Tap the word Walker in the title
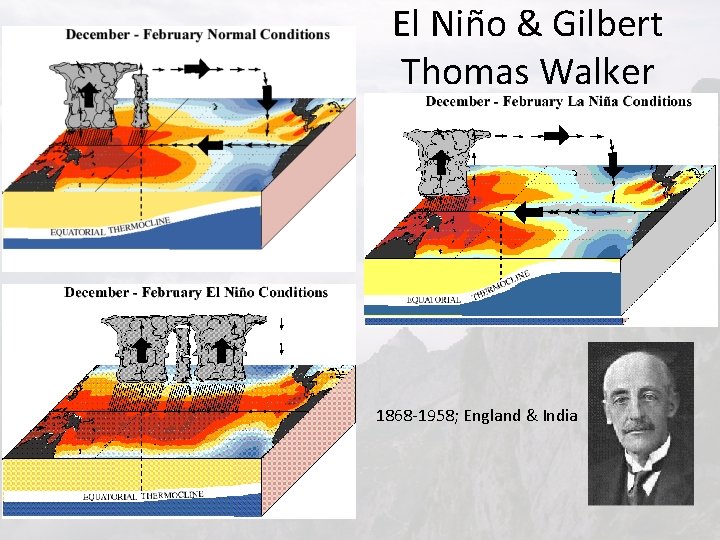point(603,71)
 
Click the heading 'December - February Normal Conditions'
point(198,34)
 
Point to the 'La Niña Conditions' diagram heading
point(558,101)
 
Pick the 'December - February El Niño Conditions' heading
point(196,293)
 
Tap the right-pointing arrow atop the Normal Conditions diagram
point(199,68)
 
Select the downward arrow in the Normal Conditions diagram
point(268,98)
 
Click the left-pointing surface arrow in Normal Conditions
point(210,146)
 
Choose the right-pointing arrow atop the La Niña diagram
point(556,135)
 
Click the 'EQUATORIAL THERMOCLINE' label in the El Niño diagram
point(143,495)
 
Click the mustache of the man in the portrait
point(637,428)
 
